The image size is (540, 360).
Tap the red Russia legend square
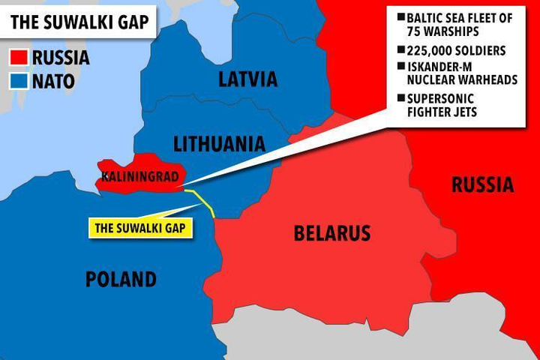tap(19, 58)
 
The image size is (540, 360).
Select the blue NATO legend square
tap(19, 80)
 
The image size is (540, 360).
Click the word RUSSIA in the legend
tap(61, 58)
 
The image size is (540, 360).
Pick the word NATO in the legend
tap(53, 80)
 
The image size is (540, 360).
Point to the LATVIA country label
tap(247, 79)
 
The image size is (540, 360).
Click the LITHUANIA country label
tap(219, 143)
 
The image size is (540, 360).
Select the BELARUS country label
tap(331, 233)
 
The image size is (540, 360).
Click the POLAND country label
tap(121, 280)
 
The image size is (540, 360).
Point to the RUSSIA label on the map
tap(482, 184)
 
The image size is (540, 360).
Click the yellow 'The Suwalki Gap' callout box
tap(141, 226)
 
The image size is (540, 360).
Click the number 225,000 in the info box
tap(429, 51)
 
